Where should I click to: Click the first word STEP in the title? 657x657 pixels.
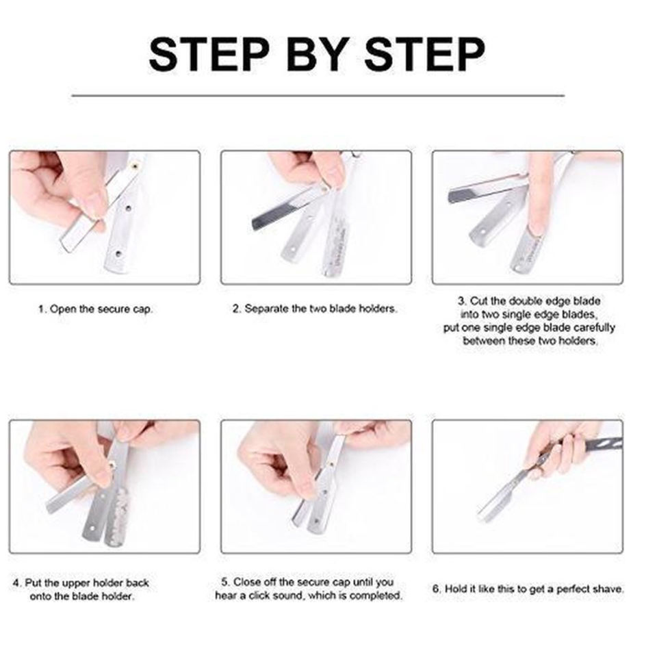[x=209, y=54]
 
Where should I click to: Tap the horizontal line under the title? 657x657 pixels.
[x=318, y=96]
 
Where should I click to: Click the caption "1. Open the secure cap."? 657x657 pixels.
[x=96, y=309]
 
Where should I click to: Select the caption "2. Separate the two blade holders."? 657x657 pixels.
[x=315, y=309]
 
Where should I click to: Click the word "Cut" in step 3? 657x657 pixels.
[x=478, y=301]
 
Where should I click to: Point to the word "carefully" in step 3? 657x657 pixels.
[x=594, y=328]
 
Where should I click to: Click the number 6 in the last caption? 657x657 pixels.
[x=437, y=589]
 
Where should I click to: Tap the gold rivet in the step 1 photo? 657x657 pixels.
[x=134, y=166]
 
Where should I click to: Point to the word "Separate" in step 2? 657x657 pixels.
[x=266, y=309]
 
